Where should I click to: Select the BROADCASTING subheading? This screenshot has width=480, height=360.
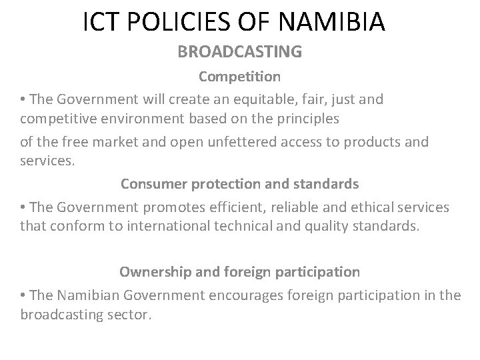click(x=239, y=51)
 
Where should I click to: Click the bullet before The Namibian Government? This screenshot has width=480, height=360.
click(x=23, y=294)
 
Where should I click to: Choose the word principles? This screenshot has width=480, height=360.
click(x=291, y=120)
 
